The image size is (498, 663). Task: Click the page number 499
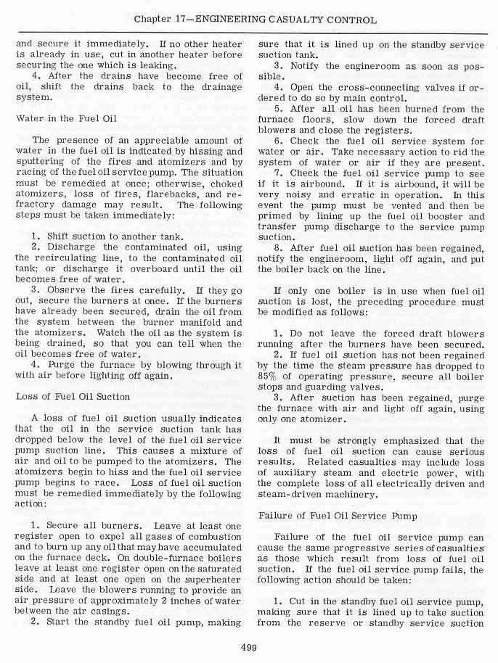coord(249,648)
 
